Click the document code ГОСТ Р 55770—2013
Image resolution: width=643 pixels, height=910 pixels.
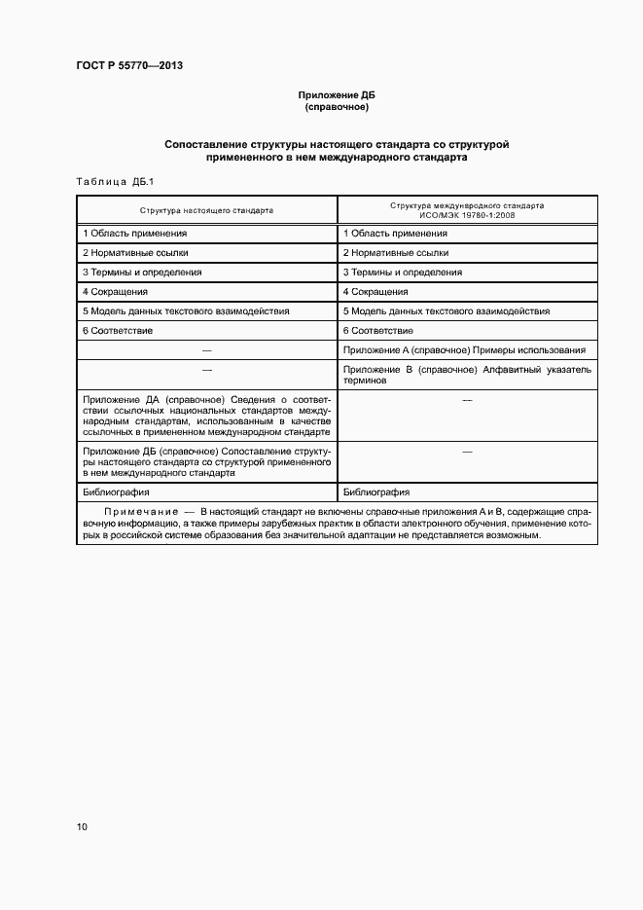[128, 65]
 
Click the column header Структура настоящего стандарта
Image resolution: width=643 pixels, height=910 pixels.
[206, 209]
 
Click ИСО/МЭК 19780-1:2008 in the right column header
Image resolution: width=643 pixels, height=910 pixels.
[467, 214]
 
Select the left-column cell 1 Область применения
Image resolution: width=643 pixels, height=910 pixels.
[135, 234]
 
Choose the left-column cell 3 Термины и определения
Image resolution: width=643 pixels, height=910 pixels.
[142, 273]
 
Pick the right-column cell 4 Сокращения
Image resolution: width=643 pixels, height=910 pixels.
[375, 292]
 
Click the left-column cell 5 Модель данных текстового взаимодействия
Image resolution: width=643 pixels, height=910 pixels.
[186, 311]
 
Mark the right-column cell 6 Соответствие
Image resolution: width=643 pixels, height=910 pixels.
[378, 331]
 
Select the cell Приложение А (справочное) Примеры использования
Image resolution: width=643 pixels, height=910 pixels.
[464, 350]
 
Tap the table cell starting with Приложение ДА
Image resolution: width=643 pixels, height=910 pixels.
[206, 416]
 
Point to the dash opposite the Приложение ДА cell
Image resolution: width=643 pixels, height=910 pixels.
[467, 400]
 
